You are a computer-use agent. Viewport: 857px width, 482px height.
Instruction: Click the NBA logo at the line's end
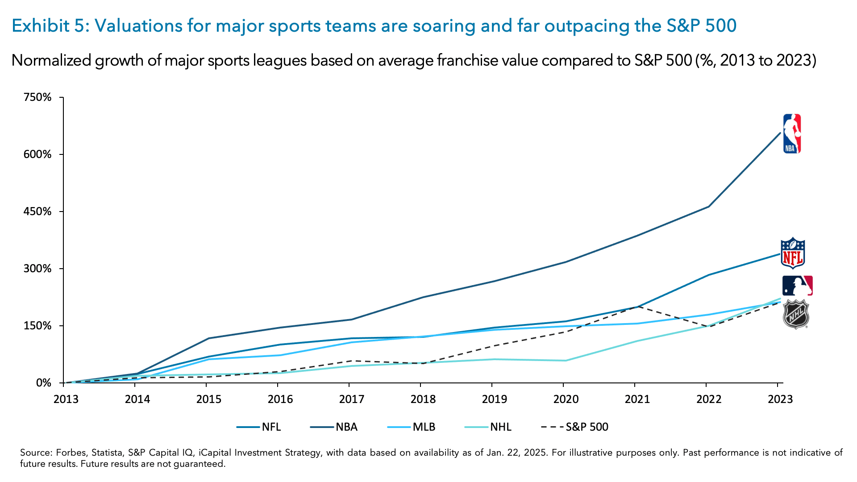(792, 133)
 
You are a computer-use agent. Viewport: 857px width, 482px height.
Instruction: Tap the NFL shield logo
(793, 253)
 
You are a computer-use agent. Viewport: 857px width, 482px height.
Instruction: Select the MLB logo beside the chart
(797, 286)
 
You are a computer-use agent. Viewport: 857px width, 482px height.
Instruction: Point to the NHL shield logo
(796, 315)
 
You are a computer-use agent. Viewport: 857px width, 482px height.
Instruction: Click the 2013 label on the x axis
(66, 399)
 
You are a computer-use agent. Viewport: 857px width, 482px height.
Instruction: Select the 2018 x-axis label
(423, 399)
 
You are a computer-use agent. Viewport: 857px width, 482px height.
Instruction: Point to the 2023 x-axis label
(780, 399)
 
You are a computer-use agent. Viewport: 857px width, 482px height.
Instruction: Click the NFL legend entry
(259, 427)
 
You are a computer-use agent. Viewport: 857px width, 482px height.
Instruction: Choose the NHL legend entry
(488, 427)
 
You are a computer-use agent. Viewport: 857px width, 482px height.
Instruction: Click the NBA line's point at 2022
(708, 207)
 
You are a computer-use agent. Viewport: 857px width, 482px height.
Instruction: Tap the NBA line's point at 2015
(208, 338)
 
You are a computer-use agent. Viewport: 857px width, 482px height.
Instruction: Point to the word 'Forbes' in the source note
(71, 453)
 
